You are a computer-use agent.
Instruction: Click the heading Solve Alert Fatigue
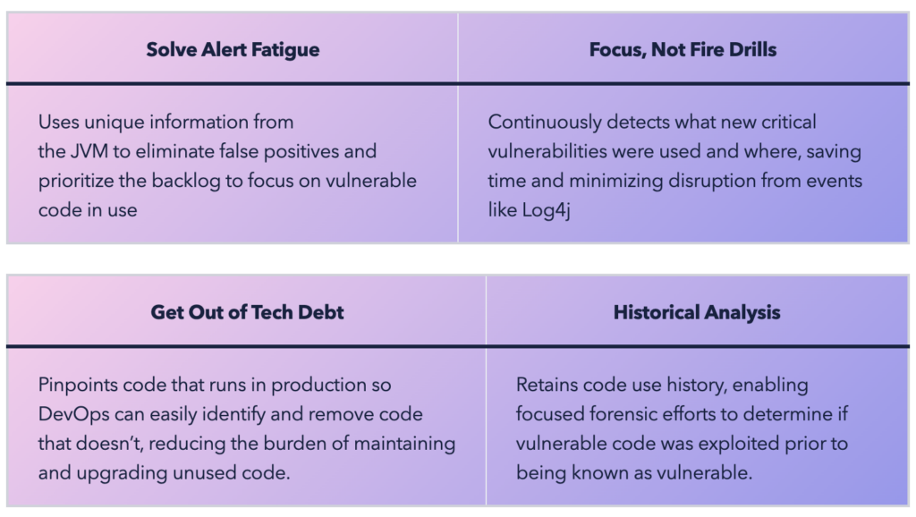coord(233,50)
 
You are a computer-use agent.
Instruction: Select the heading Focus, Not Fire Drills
coord(683,50)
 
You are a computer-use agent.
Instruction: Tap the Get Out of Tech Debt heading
coord(247,312)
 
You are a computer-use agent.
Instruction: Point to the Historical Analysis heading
coord(696,312)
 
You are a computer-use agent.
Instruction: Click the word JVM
coord(89,151)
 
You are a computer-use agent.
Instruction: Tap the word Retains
coord(547,385)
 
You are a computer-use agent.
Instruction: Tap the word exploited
coord(738,444)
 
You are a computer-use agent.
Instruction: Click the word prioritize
coord(75,181)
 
